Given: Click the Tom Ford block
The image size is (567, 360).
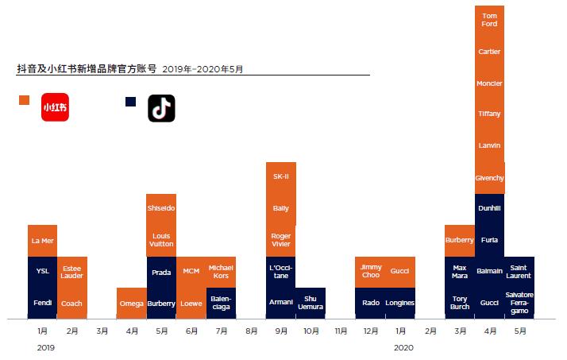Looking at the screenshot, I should (489, 21).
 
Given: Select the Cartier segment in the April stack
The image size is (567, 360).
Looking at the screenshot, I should (489, 52).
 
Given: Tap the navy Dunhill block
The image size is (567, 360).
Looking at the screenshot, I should (489, 208).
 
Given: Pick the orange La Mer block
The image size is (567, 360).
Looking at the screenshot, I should (42, 240).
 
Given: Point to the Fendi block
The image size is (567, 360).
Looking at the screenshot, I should (42, 303).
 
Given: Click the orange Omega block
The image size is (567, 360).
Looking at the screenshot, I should (131, 303).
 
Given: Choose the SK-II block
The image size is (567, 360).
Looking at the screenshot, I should (280, 176).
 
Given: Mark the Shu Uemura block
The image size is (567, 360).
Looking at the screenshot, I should (310, 303).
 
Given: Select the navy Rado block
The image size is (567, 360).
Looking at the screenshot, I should (370, 303).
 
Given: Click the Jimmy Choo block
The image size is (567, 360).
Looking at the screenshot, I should (370, 271).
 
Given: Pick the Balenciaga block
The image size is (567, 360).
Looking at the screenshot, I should (221, 303).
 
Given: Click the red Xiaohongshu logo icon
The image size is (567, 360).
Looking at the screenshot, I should (55, 107).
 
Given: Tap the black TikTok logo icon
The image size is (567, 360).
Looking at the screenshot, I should (161, 108).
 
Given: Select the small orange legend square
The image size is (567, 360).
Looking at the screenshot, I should (24, 100).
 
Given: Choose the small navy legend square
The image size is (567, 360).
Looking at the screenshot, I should (131, 101).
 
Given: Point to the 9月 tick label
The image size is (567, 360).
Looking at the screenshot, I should (280, 331).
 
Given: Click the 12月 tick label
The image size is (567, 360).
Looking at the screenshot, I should (370, 331).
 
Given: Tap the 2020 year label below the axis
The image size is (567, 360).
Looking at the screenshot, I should (403, 347).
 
